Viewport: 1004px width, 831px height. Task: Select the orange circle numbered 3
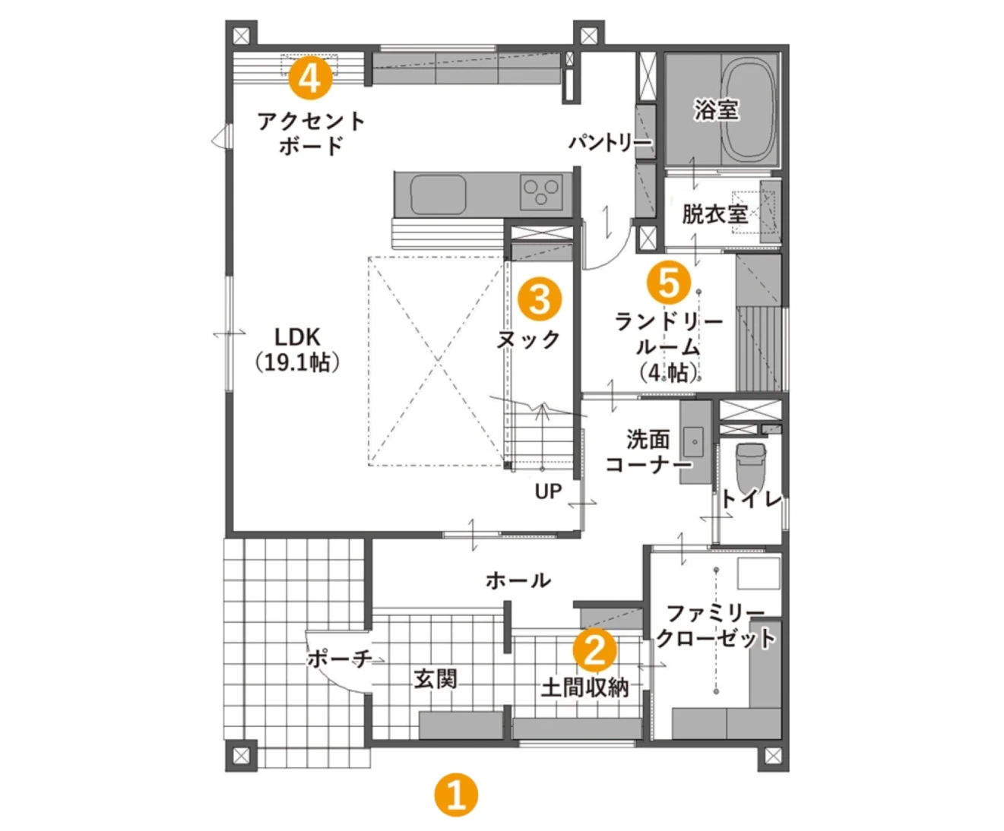pyautogui.click(x=540, y=299)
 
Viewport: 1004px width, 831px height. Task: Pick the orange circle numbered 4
pyautogui.click(x=311, y=77)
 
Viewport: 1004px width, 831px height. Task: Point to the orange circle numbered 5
pyautogui.click(x=669, y=283)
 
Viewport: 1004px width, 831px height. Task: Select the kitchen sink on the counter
pyautogui.click(x=439, y=194)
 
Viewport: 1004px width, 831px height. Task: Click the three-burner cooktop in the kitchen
pyautogui.click(x=542, y=191)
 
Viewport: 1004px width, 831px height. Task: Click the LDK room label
pyautogui.click(x=297, y=337)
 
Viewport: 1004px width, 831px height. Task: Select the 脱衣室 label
pyautogui.click(x=714, y=214)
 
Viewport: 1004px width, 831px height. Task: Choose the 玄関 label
pyautogui.click(x=436, y=678)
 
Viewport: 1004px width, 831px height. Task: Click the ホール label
pyautogui.click(x=518, y=581)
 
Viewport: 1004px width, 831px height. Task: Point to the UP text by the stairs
pyautogui.click(x=548, y=491)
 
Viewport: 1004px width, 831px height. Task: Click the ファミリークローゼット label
pyautogui.click(x=715, y=625)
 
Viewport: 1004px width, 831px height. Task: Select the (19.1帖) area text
pyautogui.click(x=297, y=362)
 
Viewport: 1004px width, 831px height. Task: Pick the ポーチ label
pyautogui.click(x=339, y=658)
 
